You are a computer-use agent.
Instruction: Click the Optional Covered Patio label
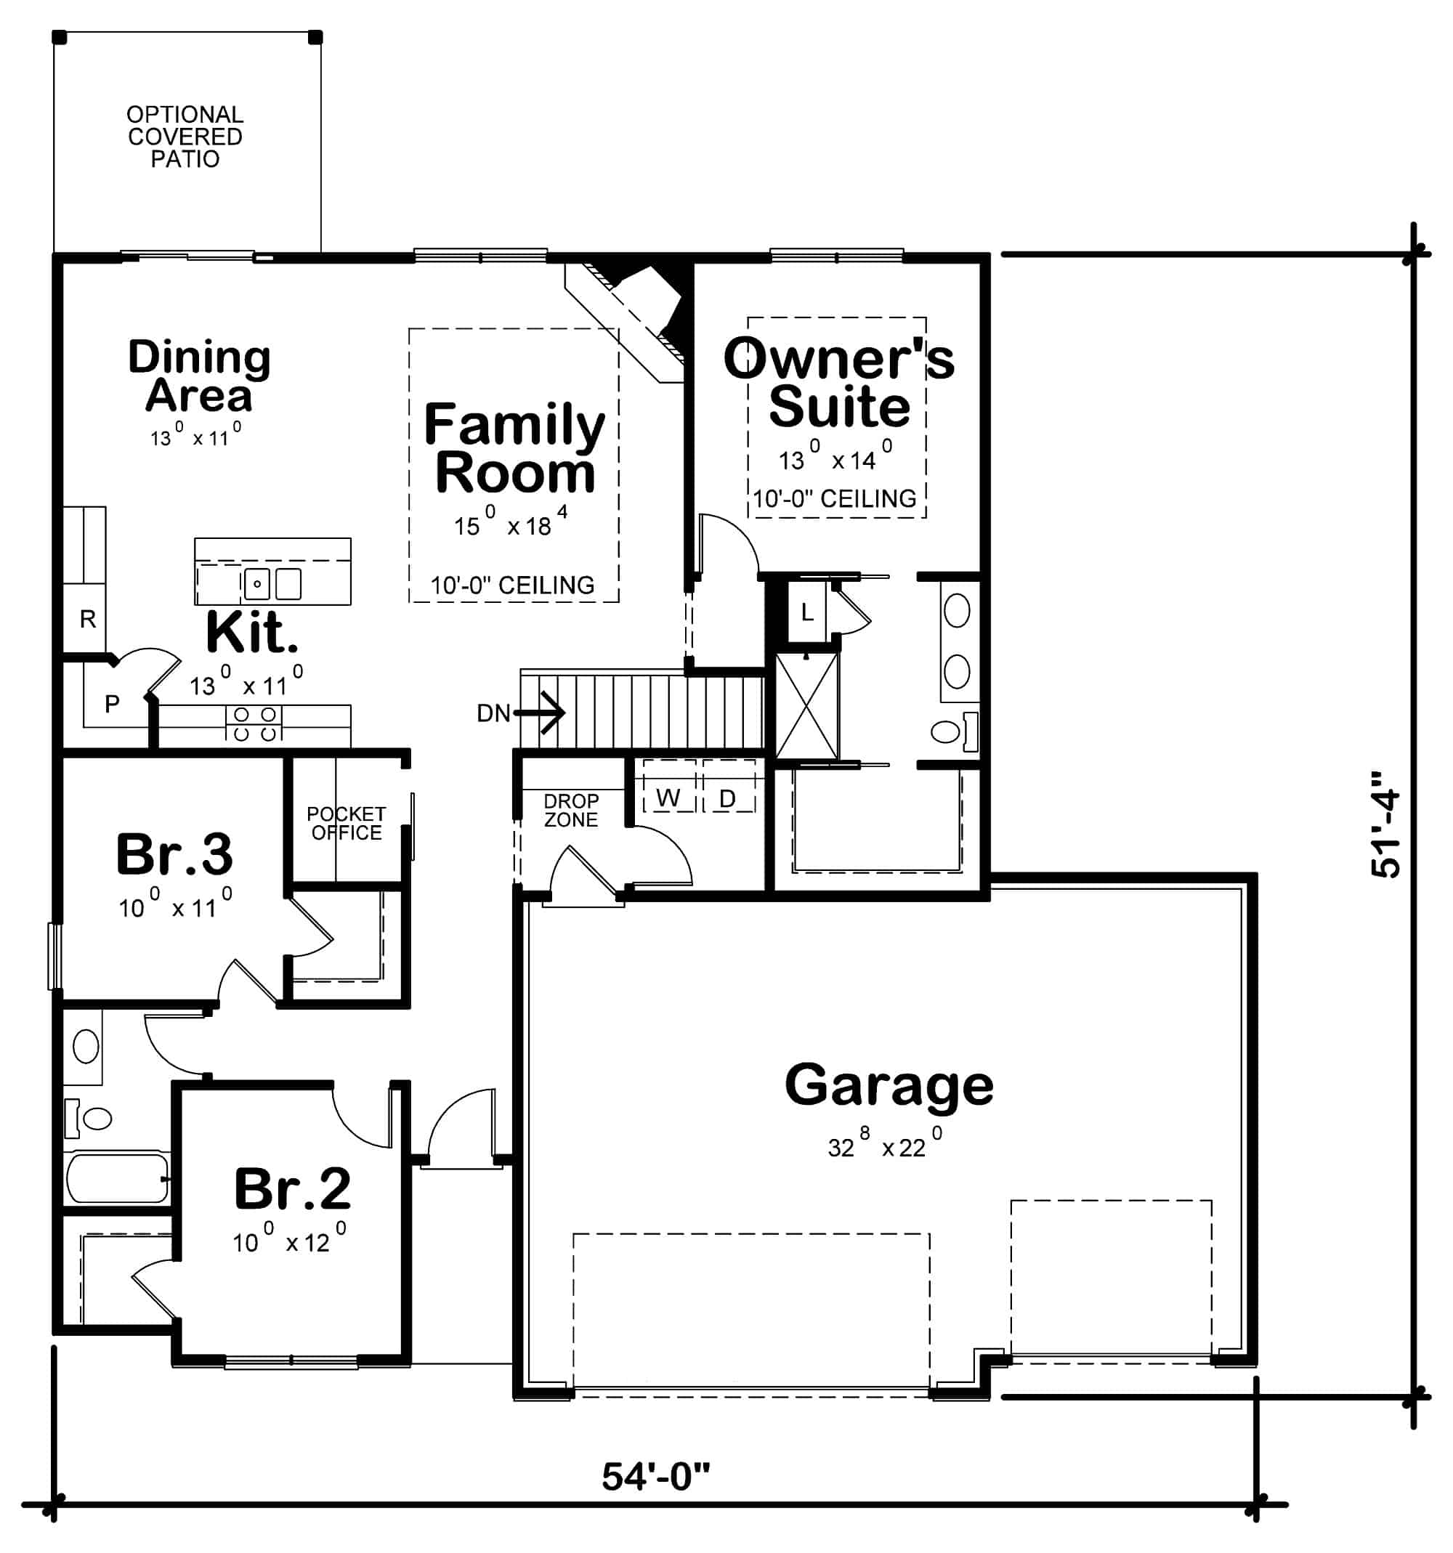pyautogui.click(x=185, y=137)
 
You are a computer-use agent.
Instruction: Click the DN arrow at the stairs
pyautogui.click(x=539, y=713)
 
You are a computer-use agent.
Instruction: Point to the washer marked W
pyautogui.click(x=668, y=798)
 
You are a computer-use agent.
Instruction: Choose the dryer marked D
pyautogui.click(x=727, y=798)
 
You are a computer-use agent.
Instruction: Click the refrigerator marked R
pyautogui.click(x=86, y=620)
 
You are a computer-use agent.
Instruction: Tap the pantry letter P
pyautogui.click(x=112, y=704)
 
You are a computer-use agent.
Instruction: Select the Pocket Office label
pyautogui.click(x=346, y=824)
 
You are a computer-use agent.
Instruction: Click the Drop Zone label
pyautogui.click(x=571, y=810)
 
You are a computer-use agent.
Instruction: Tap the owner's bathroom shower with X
pyautogui.click(x=806, y=705)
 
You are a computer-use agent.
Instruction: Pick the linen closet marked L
pyautogui.click(x=807, y=612)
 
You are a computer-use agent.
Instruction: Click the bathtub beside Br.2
pyautogui.click(x=117, y=1178)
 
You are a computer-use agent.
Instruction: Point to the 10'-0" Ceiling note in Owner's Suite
pyautogui.click(x=834, y=498)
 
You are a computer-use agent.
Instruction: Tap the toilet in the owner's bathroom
pyautogui.click(x=950, y=731)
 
